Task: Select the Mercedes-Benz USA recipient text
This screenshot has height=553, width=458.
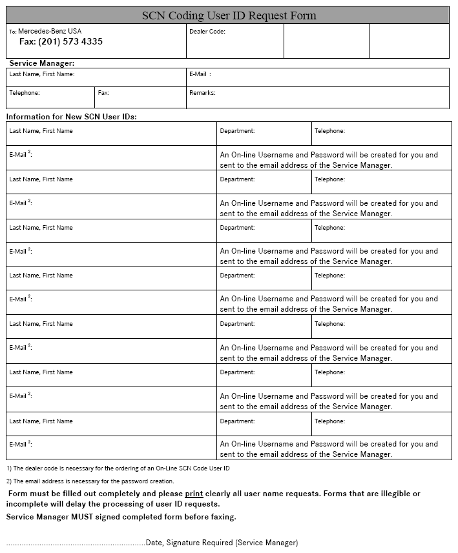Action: point(50,31)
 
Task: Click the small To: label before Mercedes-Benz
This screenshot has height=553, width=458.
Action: point(13,32)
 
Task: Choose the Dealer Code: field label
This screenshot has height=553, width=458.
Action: point(207,31)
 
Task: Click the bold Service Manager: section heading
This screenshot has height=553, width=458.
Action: point(41,63)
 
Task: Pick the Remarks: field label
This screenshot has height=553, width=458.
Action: point(202,93)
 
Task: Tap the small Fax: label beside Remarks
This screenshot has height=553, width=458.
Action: point(103,93)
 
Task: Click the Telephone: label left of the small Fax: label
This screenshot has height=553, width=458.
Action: point(25,93)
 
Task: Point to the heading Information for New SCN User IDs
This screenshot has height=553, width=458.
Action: point(72,116)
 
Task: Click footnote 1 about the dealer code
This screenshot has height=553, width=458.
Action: point(118,468)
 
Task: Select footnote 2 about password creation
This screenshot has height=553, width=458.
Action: point(90,481)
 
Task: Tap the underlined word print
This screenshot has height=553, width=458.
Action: point(194,494)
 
